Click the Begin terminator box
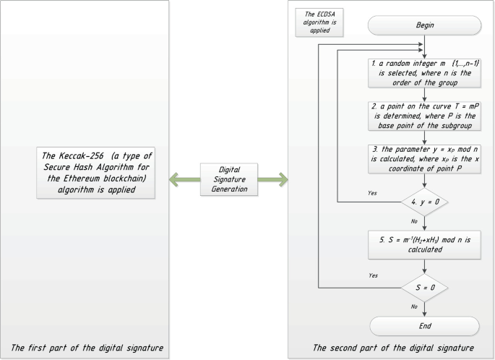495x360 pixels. [423, 25]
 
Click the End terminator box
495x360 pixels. [423, 326]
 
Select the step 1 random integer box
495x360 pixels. [423, 74]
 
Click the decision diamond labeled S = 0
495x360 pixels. [423, 287]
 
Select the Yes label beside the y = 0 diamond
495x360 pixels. [372, 194]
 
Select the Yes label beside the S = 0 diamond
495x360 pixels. [372, 276]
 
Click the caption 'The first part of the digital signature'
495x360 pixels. [86, 348]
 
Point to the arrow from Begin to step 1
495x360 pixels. [424, 47]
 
